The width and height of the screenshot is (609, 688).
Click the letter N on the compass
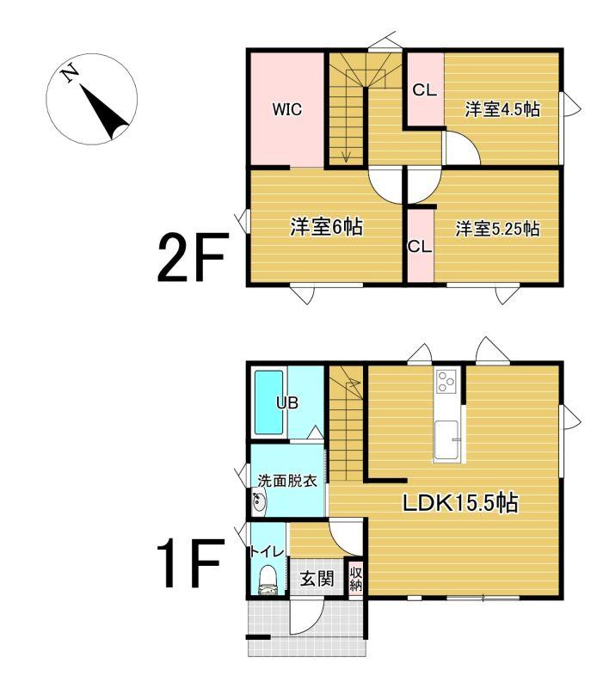71,74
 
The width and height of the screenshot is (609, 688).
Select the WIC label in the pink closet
287,109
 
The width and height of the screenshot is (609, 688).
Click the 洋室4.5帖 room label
502,109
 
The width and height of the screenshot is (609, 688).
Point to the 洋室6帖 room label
326,227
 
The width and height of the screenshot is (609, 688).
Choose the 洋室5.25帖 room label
497,229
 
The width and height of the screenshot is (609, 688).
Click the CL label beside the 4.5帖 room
425,90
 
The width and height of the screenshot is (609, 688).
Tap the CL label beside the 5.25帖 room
420,247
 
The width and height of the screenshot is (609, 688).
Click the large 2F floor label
193,256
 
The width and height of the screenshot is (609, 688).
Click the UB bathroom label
287,402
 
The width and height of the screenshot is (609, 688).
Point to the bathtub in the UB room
269,402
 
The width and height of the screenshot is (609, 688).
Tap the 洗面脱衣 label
287,481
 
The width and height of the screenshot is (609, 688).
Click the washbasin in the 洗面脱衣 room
259,501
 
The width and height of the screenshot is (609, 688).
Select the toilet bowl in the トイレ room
268,580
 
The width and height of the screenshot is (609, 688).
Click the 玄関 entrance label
317,579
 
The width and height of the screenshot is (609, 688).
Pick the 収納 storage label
356,579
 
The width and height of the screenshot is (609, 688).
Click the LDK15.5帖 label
461,503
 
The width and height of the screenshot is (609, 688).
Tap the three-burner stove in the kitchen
447,381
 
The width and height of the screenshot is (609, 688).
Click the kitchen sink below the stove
446,439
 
